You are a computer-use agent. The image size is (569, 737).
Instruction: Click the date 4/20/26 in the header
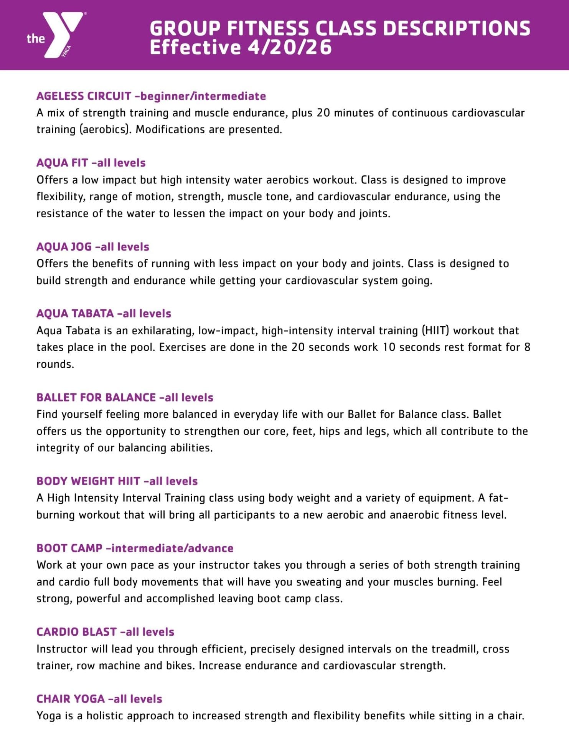[x=289, y=48]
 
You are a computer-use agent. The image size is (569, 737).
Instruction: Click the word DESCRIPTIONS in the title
[x=457, y=28]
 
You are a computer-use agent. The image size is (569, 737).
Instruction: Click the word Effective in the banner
[x=195, y=48]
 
